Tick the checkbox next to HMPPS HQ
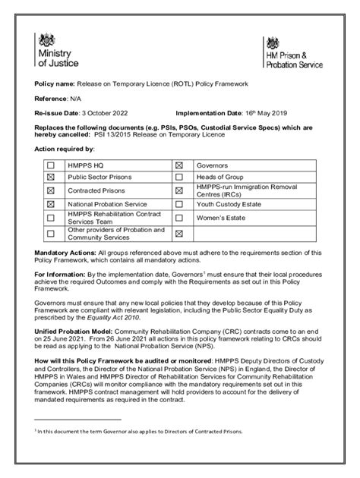51,165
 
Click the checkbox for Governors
180,165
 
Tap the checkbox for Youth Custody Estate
180,204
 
